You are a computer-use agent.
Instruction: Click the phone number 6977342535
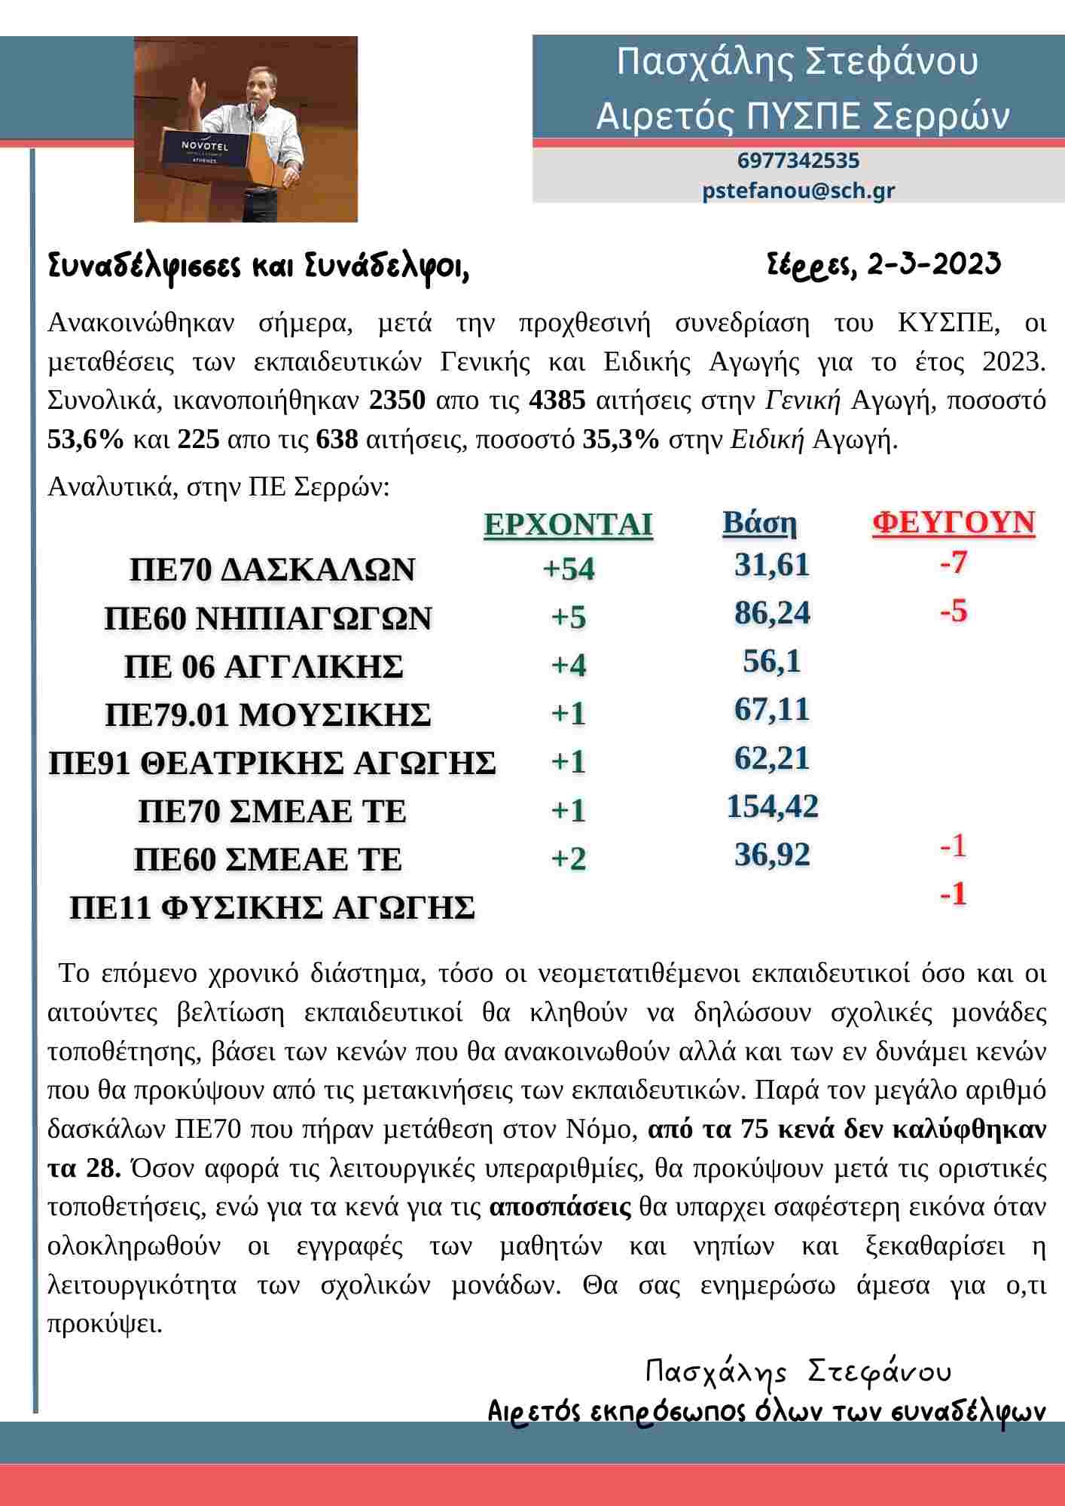[x=798, y=160]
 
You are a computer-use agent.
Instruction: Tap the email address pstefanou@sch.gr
[x=798, y=190]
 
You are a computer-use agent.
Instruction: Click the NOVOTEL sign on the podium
[x=204, y=145]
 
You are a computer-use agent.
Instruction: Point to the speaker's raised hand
[x=197, y=88]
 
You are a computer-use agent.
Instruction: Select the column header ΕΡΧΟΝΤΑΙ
[x=568, y=524]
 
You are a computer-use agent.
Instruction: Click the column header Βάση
[x=759, y=523]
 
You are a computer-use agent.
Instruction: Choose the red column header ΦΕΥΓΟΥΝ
[x=954, y=523]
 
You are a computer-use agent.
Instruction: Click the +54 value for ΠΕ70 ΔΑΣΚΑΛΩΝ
[x=569, y=569]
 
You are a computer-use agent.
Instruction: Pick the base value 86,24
[x=772, y=613]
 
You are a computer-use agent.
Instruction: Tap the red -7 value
[x=953, y=562]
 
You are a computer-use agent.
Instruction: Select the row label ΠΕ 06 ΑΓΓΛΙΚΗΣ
[x=264, y=666]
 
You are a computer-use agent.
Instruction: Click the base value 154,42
[x=772, y=806]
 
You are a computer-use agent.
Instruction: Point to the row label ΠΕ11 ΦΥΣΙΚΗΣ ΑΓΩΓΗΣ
[x=272, y=907]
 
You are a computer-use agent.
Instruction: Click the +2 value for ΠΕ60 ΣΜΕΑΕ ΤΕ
[x=569, y=858]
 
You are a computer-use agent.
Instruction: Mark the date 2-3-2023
[x=934, y=264]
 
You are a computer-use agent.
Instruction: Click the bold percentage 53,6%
[x=85, y=439]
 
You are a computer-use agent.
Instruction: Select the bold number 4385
[x=557, y=400]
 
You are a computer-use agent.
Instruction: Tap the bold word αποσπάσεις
[x=560, y=1207]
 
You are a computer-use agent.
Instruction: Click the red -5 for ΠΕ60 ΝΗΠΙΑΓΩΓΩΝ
[x=953, y=611]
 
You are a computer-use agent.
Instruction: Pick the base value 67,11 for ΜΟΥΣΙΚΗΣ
[x=772, y=709]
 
